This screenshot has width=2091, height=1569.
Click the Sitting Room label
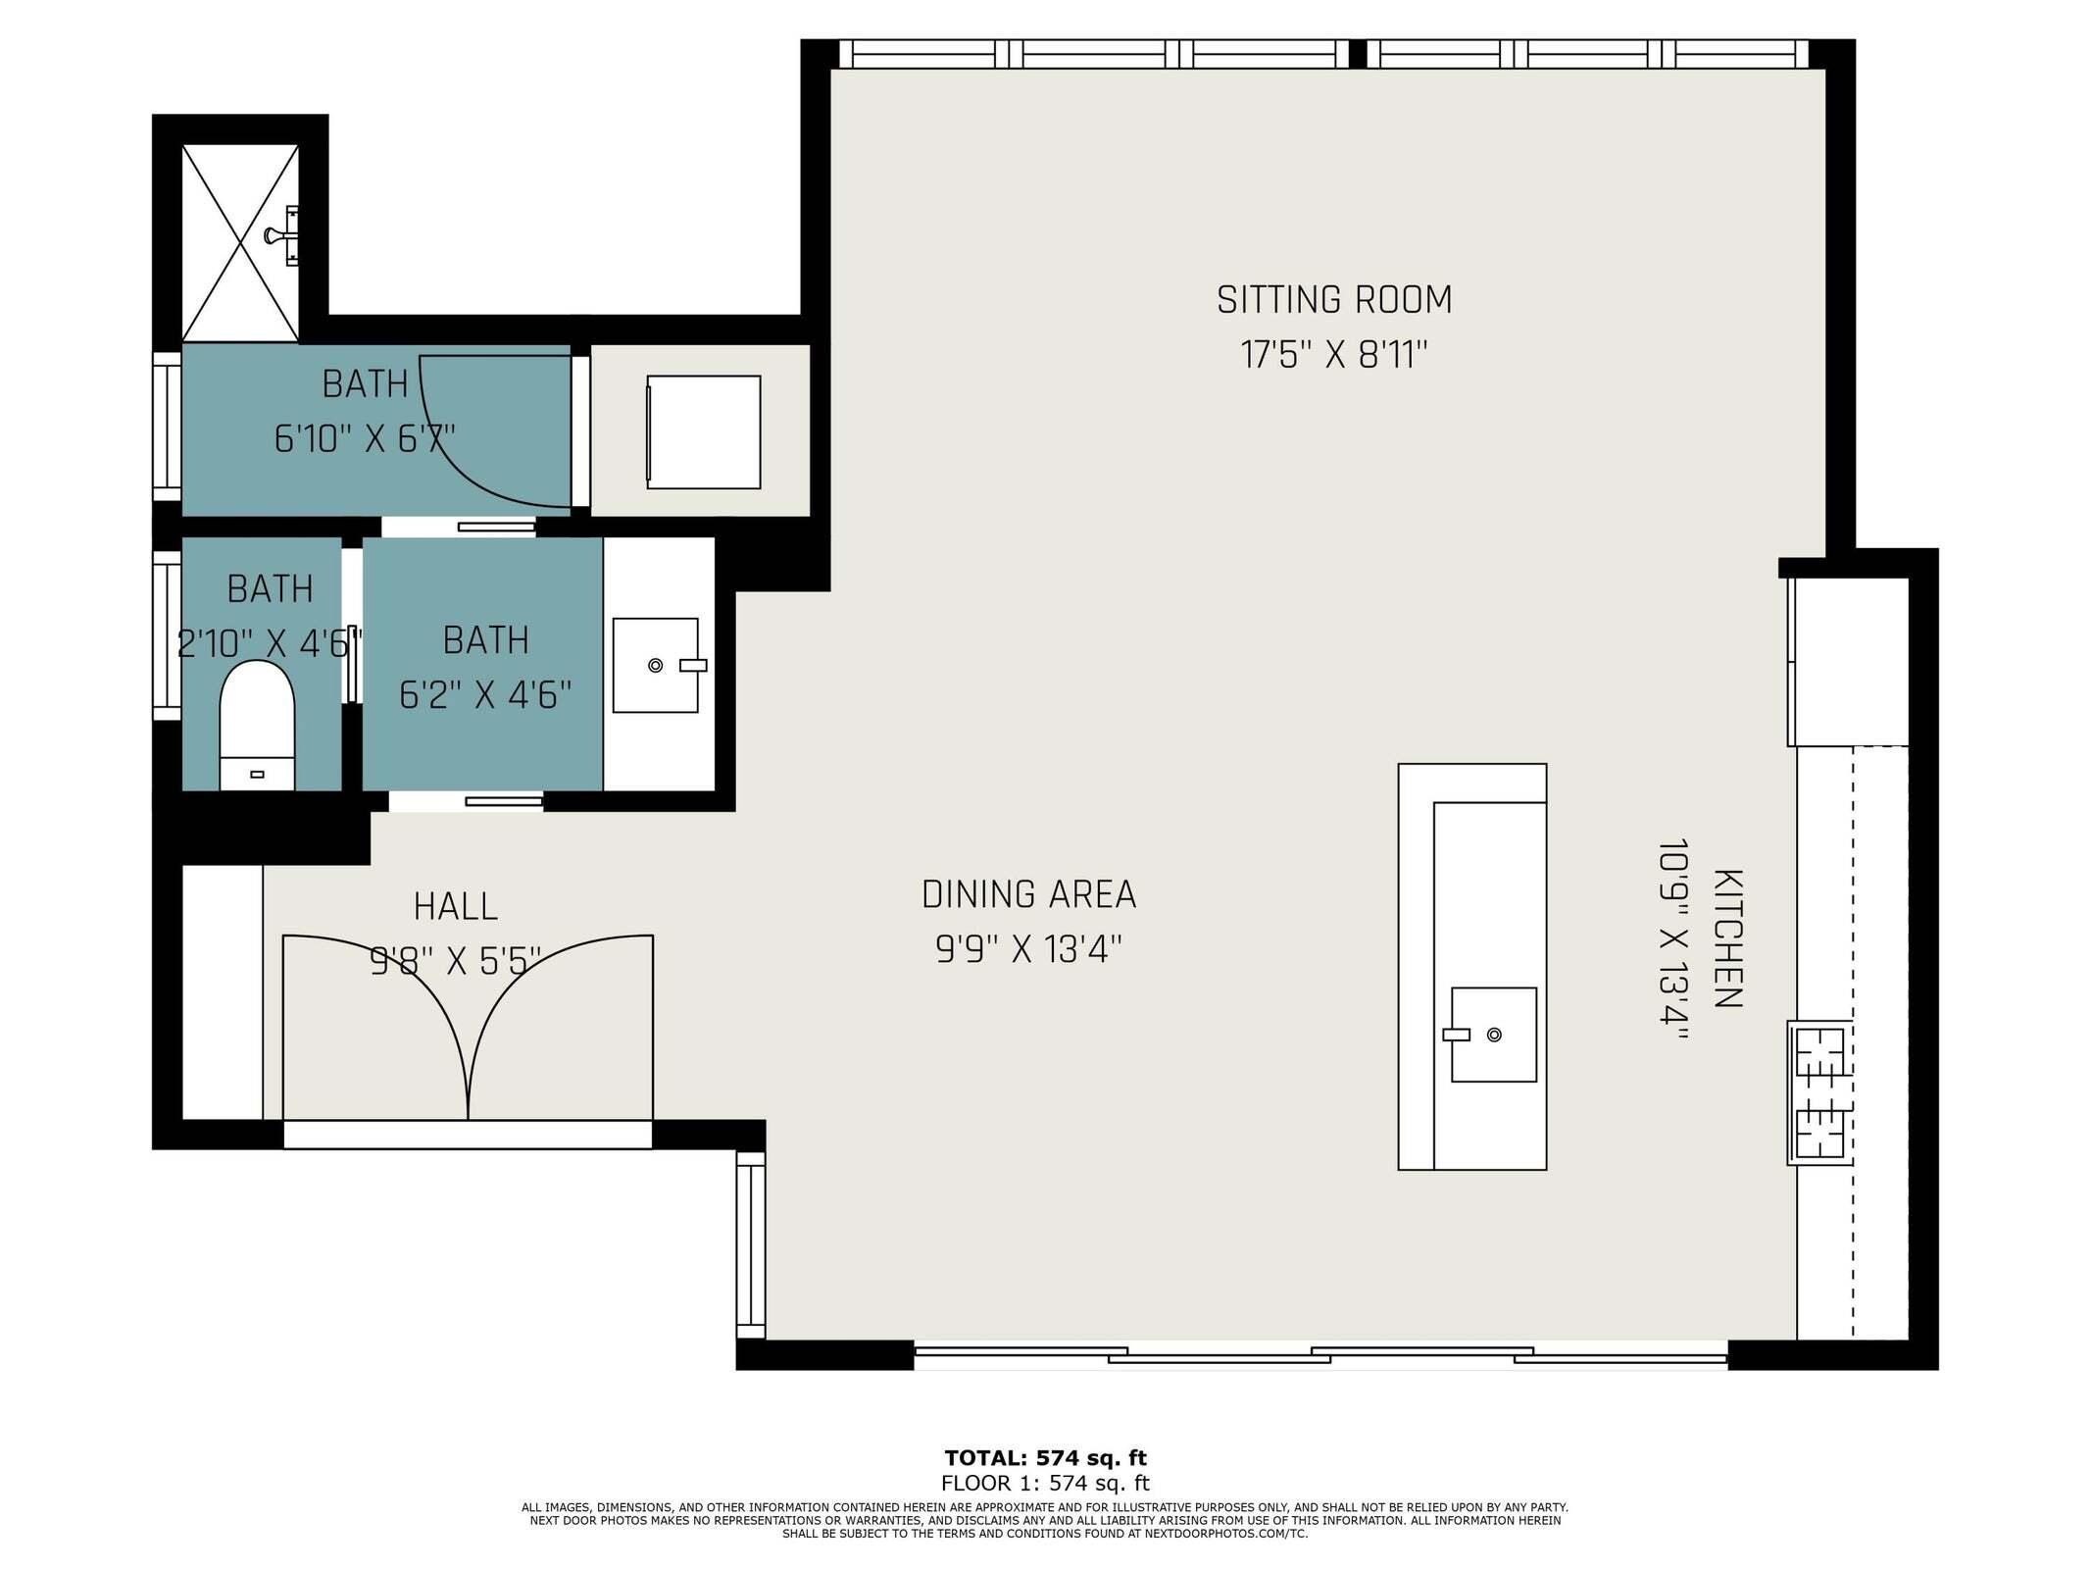(1333, 300)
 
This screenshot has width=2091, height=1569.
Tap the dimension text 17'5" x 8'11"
(1333, 355)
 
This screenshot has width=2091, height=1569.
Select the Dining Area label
(1028, 894)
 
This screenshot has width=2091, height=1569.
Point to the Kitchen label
(1727, 937)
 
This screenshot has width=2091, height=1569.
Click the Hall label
(455, 906)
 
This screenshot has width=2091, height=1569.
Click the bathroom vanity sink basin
(655, 665)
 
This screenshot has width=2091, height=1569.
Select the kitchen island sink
(1493, 1035)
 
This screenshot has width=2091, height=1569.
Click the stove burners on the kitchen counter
(1819, 1092)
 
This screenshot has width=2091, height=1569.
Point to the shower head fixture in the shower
(281, 235)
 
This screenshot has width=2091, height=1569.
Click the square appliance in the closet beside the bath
(703, 431)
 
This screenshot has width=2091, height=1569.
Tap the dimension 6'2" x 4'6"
(485, 695)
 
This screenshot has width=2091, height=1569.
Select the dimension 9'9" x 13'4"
(1028, 949)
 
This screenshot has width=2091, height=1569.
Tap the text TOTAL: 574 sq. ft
(1045, 1457)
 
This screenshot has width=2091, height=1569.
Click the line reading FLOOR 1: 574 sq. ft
(1045, 1483)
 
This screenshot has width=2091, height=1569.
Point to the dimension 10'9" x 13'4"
(1672, 943)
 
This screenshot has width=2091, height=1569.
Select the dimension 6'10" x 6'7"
(365, 438)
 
